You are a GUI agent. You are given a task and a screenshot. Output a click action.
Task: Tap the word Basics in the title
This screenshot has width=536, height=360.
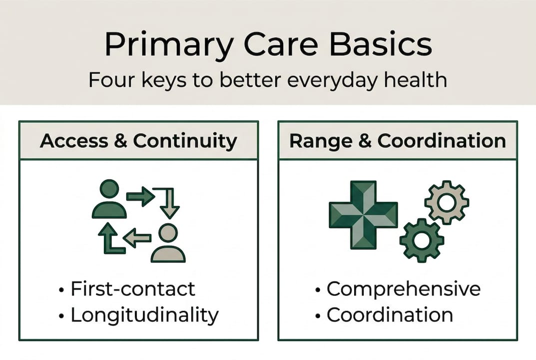pyautogui.click(x=381, y=44)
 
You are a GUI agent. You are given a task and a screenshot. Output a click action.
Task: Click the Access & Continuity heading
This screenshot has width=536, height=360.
pyautogui.click(x=138, y=141)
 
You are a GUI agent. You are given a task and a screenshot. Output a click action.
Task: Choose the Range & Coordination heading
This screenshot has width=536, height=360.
pyautogui.click(x=398, y=140)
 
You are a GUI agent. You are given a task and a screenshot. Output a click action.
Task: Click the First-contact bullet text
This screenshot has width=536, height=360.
pyautogui.click(x=133, y=288)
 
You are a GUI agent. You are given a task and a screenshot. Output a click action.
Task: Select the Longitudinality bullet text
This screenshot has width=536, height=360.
pyautogui.click(x=144, y=315)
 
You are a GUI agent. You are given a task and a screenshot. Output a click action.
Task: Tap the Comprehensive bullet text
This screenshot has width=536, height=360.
pyautogui.click(x=404, y=289)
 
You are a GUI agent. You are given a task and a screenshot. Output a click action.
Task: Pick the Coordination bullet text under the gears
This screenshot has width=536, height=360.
pyautogui.click(x=390, y=314)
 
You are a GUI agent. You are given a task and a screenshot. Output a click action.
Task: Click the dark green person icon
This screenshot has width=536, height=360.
pyautogui.click(x=109, y=199)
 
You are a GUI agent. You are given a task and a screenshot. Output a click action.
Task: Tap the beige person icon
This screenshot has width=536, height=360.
pyautogui.click(x=168, y=243)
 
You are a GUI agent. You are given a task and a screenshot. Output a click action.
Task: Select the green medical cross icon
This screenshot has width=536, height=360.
pyautogui.click(x=363, y=214)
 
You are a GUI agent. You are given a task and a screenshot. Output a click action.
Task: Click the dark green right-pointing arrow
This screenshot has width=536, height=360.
pyautogui.click(x=140, y=196)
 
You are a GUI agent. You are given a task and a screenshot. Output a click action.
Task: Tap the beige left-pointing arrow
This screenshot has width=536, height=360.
pyautogui.click(x=137, y=237)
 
